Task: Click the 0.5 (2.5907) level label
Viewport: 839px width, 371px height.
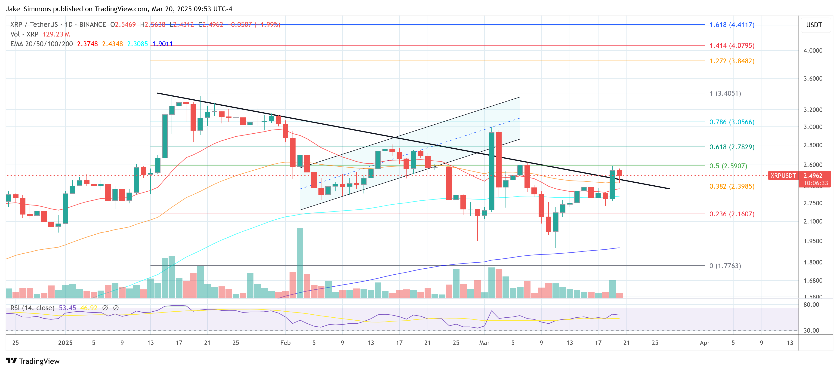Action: (x=728, y=166)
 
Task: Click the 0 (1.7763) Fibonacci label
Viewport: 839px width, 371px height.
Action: (x=725, y=266)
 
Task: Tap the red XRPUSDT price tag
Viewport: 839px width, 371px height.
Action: (x=783, y=176)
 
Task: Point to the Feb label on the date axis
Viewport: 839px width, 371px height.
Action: (x=285, y=343)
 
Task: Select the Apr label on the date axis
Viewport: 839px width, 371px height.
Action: (x=704, y=343)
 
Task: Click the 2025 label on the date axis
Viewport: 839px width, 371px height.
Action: (x=65, y=343)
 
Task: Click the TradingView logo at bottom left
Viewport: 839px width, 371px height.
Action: (x=33, y=361)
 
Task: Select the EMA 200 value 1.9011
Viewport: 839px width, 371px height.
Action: (x=163, y=44)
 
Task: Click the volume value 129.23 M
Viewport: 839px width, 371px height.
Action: (x=56, y=34)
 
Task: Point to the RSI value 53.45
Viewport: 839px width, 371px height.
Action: (x=67, y=308)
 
